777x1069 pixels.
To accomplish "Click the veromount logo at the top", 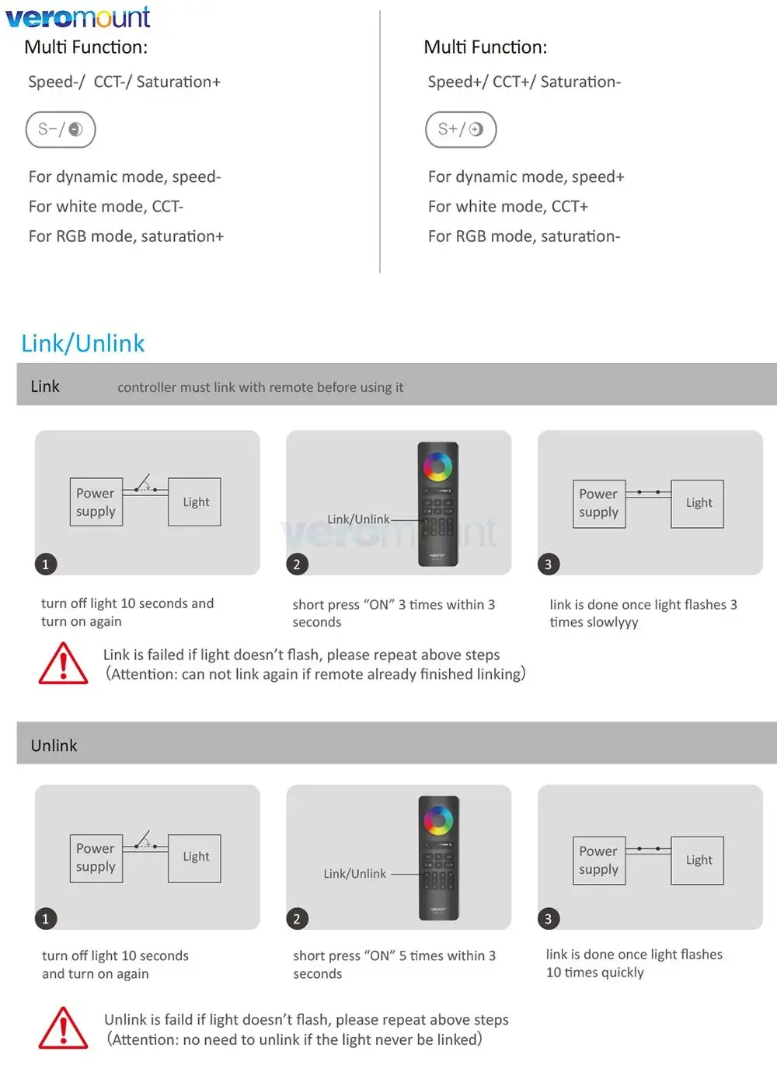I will (78, 16).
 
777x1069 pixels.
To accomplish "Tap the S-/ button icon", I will (61, 130).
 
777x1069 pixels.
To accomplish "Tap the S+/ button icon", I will (461, 130).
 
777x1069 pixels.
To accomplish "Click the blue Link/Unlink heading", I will (83, 343).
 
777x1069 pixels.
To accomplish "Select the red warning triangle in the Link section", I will (63, 664).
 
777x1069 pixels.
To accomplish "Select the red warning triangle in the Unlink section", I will (63, 1028).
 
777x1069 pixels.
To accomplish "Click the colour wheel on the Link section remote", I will (437, 468).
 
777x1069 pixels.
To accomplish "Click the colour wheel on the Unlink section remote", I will (438, 820).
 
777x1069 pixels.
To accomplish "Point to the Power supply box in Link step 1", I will (96, 502).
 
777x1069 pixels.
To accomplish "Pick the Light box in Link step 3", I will (698, 504).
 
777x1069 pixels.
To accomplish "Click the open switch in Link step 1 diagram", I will (144, 485).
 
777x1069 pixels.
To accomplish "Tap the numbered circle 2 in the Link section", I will (297, 564).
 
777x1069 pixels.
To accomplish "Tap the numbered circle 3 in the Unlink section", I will (548, 919).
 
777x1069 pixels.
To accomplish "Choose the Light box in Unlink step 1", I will (195, 858).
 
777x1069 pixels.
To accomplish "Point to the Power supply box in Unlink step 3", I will (599, 860).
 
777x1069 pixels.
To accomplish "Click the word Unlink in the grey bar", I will (54, 746).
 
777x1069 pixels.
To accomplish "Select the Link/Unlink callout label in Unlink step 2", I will (355, 874).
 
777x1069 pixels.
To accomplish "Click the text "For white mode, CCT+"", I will (508, 207).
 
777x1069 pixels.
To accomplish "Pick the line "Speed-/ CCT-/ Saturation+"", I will (124, 82).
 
